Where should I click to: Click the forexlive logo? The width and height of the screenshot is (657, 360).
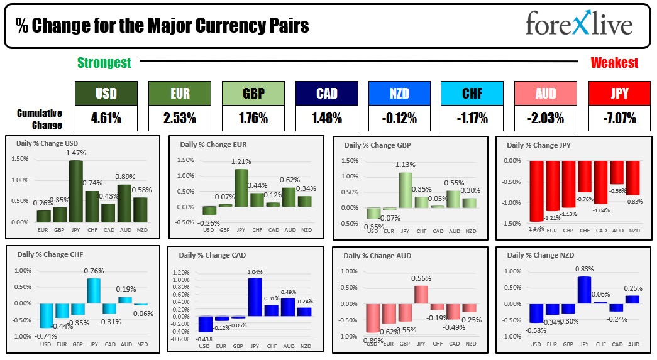[579, 25]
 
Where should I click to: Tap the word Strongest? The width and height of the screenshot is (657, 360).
[104, 63]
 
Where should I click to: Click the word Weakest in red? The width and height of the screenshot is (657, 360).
[614, 63]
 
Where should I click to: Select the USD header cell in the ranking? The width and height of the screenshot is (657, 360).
[106, 94]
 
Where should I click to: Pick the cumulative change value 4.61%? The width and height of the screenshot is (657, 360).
[106, 117]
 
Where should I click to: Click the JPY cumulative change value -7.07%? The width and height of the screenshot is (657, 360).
[619, 117]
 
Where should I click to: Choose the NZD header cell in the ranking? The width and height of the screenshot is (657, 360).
[399, 94]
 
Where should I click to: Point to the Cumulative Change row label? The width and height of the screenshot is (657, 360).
[40, 118]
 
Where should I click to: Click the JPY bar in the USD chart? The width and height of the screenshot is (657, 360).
[76, 191]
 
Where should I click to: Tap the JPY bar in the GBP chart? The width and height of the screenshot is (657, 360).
[406, 190]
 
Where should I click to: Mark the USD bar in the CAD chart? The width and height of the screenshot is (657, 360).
[205, 324]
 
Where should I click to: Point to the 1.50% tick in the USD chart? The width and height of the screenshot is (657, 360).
[20, 159]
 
